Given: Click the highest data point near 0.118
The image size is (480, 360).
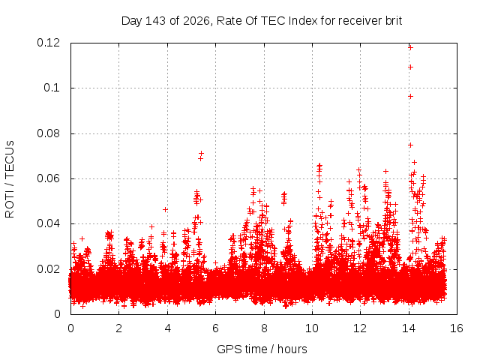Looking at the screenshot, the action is point(410,47).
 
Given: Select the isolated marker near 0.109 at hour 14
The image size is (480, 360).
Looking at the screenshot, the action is point(410,67).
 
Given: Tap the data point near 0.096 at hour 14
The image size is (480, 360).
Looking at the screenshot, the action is point(410,97).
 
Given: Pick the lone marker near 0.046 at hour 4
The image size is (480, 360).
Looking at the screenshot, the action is point(165,210).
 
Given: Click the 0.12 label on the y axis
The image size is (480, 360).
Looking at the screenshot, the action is point(48,43).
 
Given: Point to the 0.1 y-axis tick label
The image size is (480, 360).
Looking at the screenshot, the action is point(52,88).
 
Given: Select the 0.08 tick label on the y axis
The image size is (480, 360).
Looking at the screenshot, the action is point(48,133).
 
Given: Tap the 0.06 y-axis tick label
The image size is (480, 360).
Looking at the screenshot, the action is point(48,178).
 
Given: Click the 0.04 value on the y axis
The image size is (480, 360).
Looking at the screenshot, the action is point(48,223).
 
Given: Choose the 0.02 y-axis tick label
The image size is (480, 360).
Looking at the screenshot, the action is point(48,269).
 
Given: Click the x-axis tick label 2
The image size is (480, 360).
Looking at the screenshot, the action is point(118,328).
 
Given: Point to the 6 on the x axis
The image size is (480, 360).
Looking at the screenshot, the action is point(215,328).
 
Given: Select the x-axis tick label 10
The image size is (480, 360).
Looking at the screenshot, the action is point(312,328).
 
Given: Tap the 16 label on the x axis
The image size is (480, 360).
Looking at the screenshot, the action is point(457,328).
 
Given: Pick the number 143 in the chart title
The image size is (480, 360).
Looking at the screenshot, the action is point(156,21).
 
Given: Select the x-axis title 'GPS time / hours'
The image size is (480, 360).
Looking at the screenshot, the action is point(262,349).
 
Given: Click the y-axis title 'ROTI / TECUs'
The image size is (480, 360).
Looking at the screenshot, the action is point(10,179).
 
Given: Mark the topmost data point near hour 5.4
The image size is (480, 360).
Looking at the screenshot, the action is point(201,153).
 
